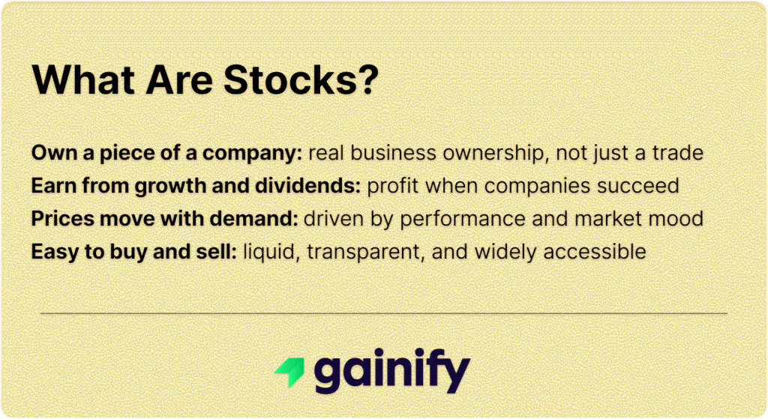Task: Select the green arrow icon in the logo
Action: point(288,370)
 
